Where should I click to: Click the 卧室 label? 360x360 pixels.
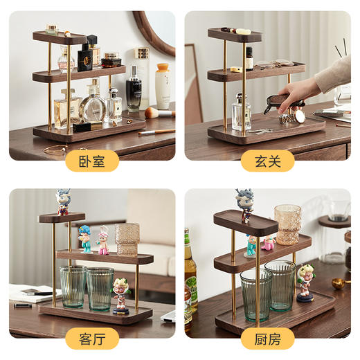[x=92, y=161]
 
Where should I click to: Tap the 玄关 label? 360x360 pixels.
[x=267, y=161]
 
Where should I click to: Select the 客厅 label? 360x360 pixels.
[x=92, y=339]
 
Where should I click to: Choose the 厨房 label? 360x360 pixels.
[x=267, y=339]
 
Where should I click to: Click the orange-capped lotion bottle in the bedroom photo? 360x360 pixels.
[x=162, y=86]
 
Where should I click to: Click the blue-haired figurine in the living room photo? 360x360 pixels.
[x=84, y=238]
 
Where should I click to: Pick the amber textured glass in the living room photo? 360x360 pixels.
[x=127, y=239]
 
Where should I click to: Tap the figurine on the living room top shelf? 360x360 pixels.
[x=63, y=201]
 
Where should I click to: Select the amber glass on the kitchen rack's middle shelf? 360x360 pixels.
[x=287, y=224]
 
